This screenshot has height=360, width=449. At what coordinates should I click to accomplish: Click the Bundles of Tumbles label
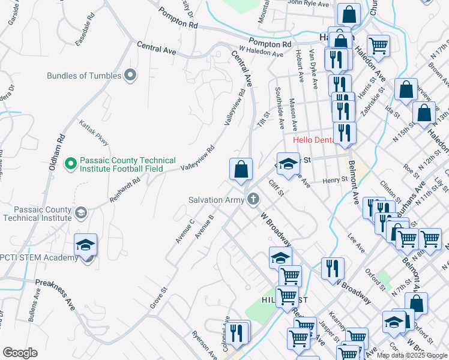[84, 76]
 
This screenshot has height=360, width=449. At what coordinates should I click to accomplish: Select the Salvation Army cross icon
[254, 199]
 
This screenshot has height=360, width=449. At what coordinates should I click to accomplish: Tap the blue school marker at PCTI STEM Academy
[85, 245]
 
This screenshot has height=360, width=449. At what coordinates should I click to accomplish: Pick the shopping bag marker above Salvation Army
[241, 170]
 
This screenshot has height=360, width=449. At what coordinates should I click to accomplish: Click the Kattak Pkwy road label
[94, 133]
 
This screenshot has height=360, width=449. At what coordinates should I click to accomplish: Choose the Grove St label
[157, 293]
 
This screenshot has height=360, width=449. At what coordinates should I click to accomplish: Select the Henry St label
[335, 180]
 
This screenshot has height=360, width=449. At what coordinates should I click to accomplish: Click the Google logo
[20, 353]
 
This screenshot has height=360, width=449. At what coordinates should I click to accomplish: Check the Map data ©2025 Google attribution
[411, 355]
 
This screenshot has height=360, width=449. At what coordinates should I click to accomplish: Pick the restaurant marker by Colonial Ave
[237, 332]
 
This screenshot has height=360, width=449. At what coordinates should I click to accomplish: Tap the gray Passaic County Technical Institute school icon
[80, 212]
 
